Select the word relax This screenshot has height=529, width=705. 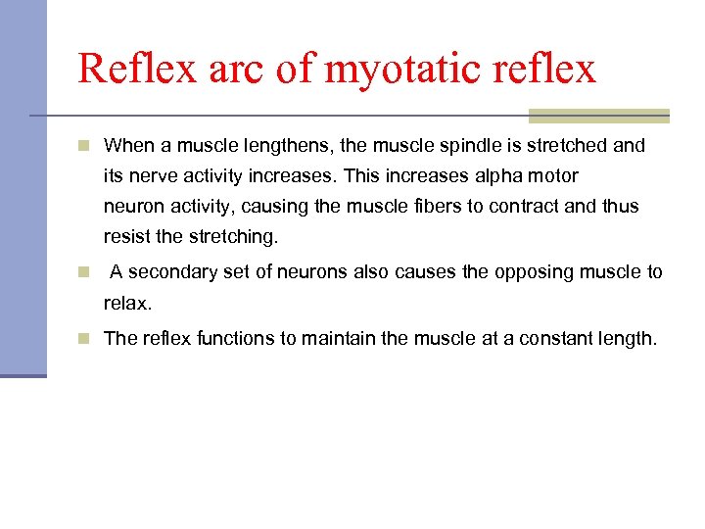[x=127, y=304]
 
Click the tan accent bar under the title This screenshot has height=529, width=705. [x=598, y=116]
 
